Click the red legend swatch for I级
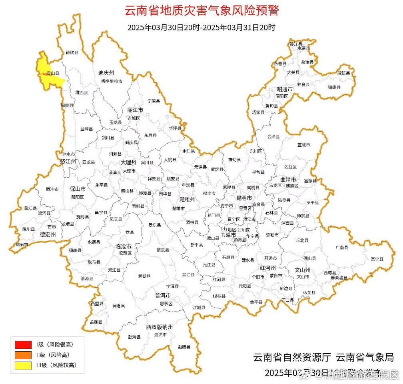(x=23, y=344)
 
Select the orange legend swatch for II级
(x=23, y=354)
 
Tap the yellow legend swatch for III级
(x=23, y=365)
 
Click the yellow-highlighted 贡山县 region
(x=47, y=72)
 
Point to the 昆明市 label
(x=244, y=198)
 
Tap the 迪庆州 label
(x=106, y=73)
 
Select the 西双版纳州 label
(x=160, y=327)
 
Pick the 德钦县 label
(x=72, y=52)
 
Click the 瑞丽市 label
(x=22, y=244)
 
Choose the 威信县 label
(x=343, y=73)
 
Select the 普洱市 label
(x=163, y=295)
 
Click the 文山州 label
(x=303, y=269)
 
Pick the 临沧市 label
(x=124, y=246)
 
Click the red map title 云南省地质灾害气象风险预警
(x=201, y=11)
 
